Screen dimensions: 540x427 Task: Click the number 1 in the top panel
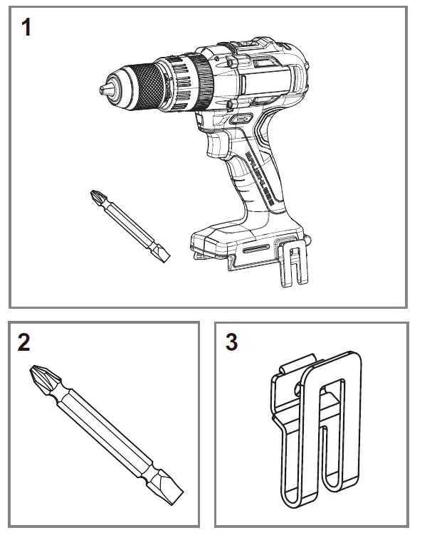[26, 29]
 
